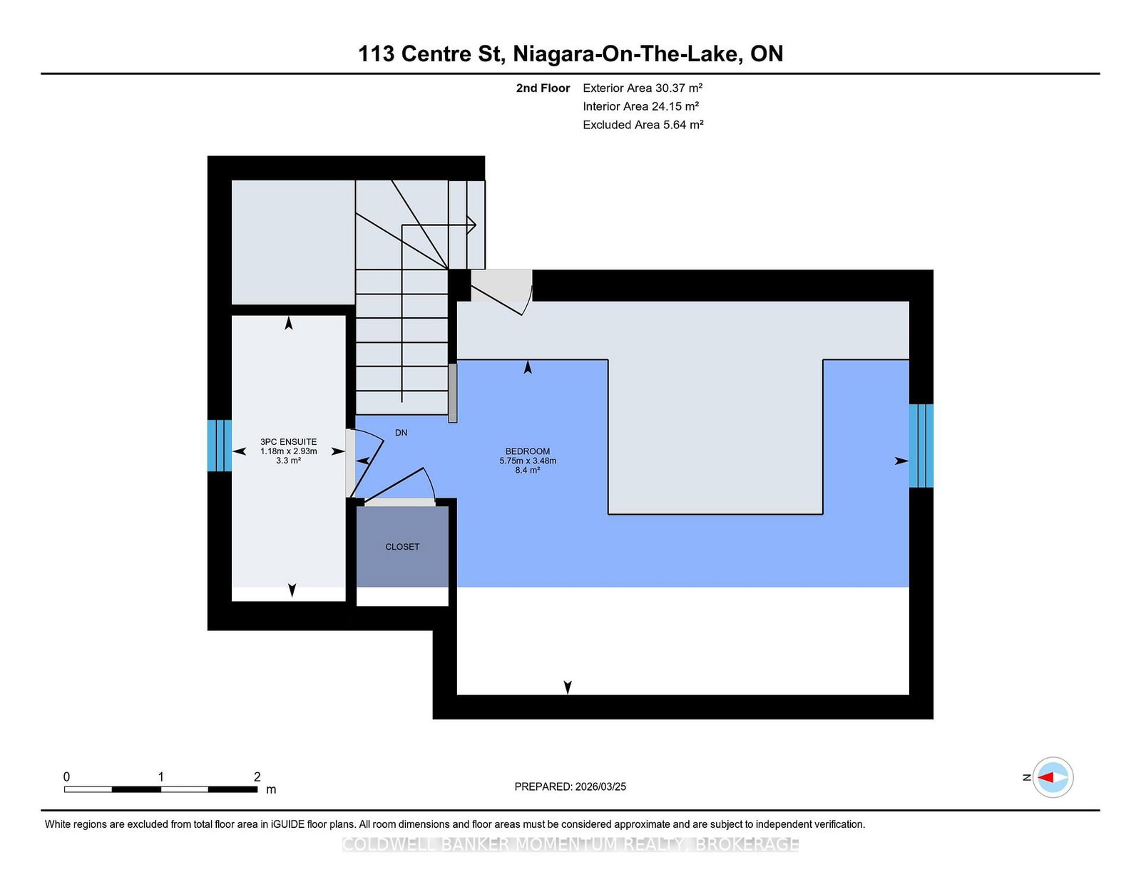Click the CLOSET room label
pos(402,546)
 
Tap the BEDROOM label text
pos(528,451)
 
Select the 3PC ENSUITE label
pos(288,442)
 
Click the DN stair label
pos(401,433)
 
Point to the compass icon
pos(1053,777)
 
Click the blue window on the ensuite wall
pos(220,446)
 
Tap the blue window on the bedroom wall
pos(921,446)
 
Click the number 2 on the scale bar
pos(257,776)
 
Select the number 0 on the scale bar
pos(67,776)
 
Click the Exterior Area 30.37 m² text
pos(643,88)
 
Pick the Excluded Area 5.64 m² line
pos(643,125)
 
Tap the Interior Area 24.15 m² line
pos(640,106)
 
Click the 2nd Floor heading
pos(543,88)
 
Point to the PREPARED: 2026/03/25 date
pos(570,786)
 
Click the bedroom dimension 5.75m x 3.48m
pos(528,461)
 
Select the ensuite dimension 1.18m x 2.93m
pos(288,451)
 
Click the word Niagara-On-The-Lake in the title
pos(628,53)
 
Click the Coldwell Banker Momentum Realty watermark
pos(570,844)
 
